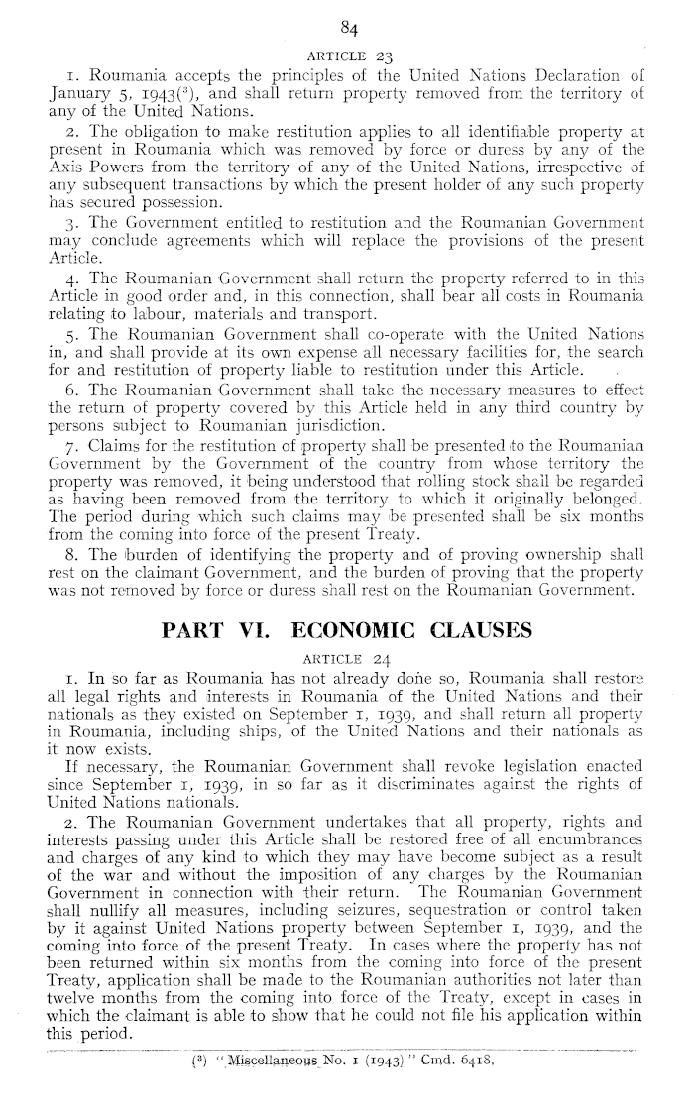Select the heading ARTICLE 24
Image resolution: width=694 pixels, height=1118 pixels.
pyautogui.click(x=346, y=656)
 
